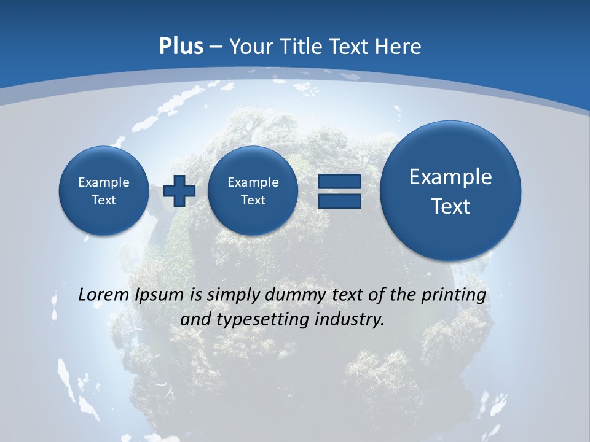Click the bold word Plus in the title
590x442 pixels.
pyautogui.click(x=181, y=47)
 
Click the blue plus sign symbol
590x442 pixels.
pyautogui.click(x=179, y=191)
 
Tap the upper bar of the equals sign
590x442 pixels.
pyautogui.click(x=339, y=181)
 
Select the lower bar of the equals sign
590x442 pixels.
pyautogui.click(x=339, y=201)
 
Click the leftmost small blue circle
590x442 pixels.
pyautogui.click(x=104, y=191)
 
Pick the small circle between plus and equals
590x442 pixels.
pyautogui.click(x=253, y=191)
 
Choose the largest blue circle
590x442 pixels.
pyautogui.click(x=450, y=190)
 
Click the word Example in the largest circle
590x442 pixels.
pyautogui.click(x=450, y=177)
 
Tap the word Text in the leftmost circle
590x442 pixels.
pyautogui.click(x=104, y=200)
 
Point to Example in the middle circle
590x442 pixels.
pyautogui.click(x=253, y=182)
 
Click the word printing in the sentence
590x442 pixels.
pyautogui.click(x=453, y=295)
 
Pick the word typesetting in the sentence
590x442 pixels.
pyautogui.click(x=267, y=320)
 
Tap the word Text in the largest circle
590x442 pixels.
pyautogui.click(x=450, y=206)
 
